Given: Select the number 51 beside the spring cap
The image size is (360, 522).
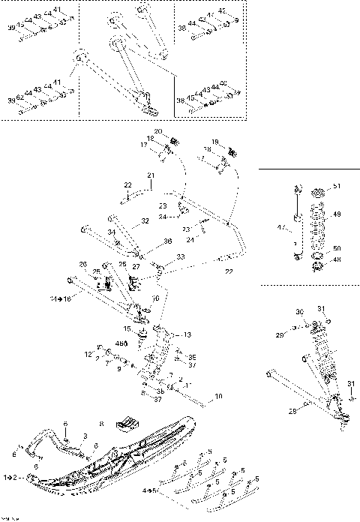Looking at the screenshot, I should (x=336, y=187).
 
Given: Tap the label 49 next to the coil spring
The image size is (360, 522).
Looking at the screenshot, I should (x=336, y=214).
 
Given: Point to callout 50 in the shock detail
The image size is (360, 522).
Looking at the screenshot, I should (x=336, y=247).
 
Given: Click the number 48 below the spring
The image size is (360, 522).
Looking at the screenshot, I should (x=336, y=260).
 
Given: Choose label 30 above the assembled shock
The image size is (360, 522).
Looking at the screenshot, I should (x=298, y=311).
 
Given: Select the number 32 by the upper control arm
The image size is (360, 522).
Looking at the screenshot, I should (x=145, y=221).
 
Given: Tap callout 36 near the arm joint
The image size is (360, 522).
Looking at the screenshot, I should (x=168, y=241).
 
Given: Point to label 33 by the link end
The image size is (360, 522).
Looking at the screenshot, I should (x=180, y=256).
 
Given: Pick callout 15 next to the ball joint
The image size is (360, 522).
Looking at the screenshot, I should (x=127, y=329).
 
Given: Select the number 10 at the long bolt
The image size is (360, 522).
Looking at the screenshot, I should (x=218, y=395).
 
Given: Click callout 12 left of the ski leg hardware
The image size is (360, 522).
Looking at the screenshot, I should (x=88, y=354).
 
